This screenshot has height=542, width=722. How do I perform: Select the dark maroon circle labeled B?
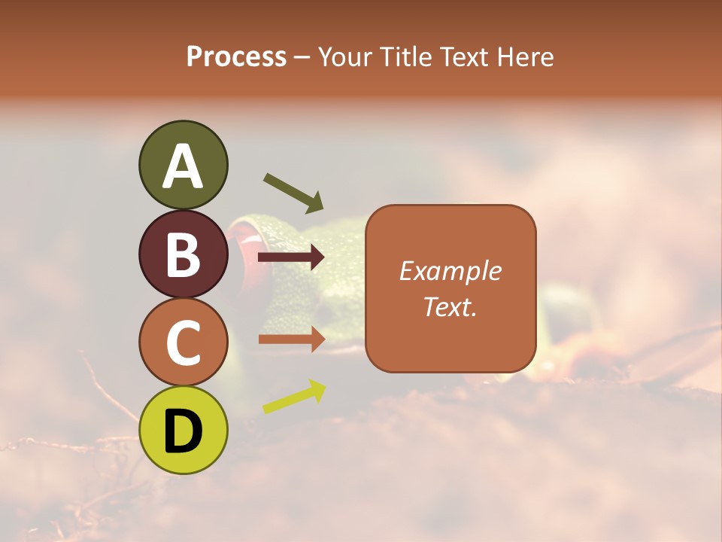pyautogui.click(x=183, y=254)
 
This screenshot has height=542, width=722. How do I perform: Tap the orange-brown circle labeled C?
pyautogui.click(x=183, y=342)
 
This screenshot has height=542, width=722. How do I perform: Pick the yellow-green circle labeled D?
pyautogui.click(x=183, y=430)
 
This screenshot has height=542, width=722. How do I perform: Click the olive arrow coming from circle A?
pyautogui.click(x=293, y=192)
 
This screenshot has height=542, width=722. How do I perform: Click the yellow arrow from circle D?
pyautogui.click(x=294, y=397)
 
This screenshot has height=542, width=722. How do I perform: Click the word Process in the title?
pyautogui.click(x=236, y=56)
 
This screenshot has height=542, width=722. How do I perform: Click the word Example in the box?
pyautogui.click(x=450, y=271)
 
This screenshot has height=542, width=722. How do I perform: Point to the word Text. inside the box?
pyautogui.click(x=450, y=306)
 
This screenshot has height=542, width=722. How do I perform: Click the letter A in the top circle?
pyautogui.click(x=183, y=166)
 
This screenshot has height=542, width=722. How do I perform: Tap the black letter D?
pyautogui.click(x=183, y=431)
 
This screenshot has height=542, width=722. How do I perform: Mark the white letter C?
pyautogui.click(x=183, y=343)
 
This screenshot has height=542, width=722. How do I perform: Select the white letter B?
pyautogui.click(x=183, y=254)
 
